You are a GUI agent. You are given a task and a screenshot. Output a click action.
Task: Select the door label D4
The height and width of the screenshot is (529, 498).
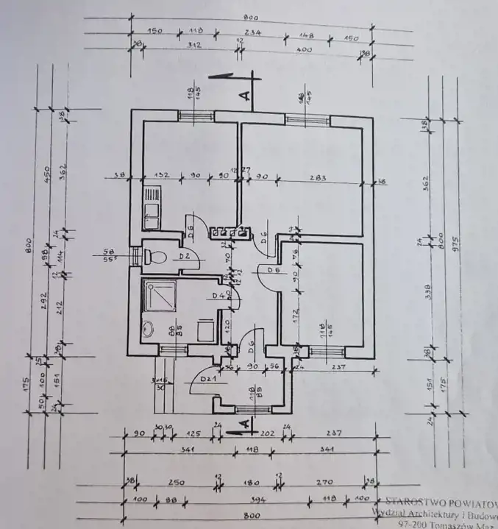pos(218,296)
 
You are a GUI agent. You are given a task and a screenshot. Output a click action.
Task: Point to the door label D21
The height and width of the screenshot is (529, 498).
pos(207,379)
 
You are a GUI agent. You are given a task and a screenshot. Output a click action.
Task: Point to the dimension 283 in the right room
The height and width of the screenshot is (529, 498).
pos(319,178)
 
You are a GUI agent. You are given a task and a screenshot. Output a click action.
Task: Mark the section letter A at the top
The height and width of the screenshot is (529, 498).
pos(246,93)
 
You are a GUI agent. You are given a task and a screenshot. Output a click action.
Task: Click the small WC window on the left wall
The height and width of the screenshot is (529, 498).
pos(135,256)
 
